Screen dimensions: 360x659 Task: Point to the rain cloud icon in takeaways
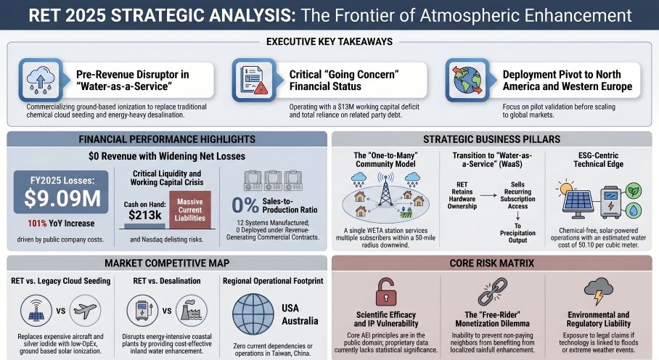[39, 80]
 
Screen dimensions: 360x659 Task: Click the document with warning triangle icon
[250, 80]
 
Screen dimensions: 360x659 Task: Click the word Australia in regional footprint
[300, 320]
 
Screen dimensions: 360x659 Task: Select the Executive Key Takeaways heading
[329, 42]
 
